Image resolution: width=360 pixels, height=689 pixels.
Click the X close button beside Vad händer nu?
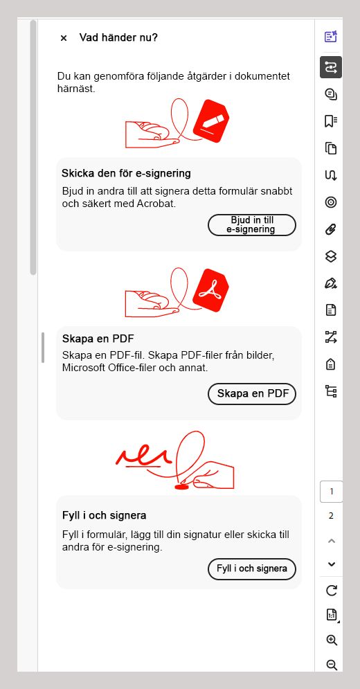click(x=64, y=38)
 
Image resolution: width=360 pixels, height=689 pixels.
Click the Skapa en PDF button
click(x=252, y=393)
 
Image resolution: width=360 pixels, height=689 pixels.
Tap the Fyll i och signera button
click(x=252, y=569)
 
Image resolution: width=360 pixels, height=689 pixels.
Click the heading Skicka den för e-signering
click(x=126, y=173)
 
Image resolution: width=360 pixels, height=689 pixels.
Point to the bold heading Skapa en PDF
click(x=98, y=339)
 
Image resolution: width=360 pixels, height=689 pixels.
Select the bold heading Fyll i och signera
click(x=104, y=515)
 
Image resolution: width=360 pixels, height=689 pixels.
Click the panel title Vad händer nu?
click(x=118, y=37)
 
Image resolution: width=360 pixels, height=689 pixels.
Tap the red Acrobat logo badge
click(x=210, y=291)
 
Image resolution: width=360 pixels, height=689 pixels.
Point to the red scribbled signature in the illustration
click(x=143, y=456)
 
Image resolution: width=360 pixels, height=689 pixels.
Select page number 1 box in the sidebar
click(x=331, y=492)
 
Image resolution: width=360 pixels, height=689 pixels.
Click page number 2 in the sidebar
click(x=331, y=515)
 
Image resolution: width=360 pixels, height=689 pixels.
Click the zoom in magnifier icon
click(x=331, y=640)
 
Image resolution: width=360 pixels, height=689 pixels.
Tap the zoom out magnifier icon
click(x=331, y=665)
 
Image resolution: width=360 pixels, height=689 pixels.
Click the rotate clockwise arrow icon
click(x=331, y=590)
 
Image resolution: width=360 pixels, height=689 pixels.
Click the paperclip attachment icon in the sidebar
click(x=331, y=229)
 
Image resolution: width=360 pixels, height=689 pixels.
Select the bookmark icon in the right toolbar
click(x=331, y=121)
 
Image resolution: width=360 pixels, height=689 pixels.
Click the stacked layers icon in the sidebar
click(x=331, y=256)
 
